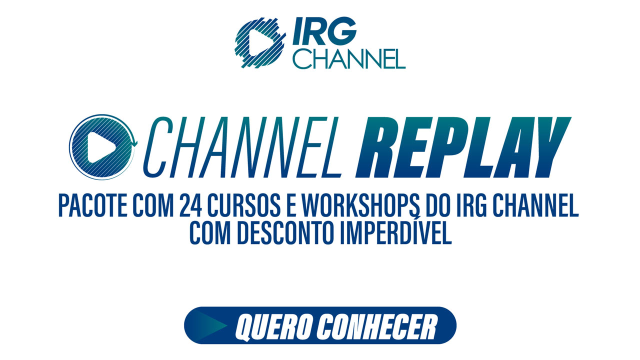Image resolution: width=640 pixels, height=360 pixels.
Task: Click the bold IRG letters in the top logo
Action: click(325, 31)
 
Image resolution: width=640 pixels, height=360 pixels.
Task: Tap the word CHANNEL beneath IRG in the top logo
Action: click(349, 59)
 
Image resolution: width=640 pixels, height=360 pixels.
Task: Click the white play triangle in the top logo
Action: click(259, 42)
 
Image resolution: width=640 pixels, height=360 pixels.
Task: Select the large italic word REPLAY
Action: click(463, 147)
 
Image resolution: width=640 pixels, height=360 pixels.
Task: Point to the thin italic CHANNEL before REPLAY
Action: click(243, 147)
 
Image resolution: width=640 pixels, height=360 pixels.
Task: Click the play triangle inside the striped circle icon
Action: click(101, 147)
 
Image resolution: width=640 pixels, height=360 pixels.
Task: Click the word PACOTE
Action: click(93, 205)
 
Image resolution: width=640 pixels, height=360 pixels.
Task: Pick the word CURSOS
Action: click(243, 205)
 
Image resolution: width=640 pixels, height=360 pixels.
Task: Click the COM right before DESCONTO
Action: click(210, 233)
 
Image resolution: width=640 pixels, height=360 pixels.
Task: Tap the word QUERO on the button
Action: click(273, 326)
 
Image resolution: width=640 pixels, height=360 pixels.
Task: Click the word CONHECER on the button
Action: click(377, 326)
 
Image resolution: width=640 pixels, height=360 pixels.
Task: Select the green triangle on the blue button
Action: click(210, 325)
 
